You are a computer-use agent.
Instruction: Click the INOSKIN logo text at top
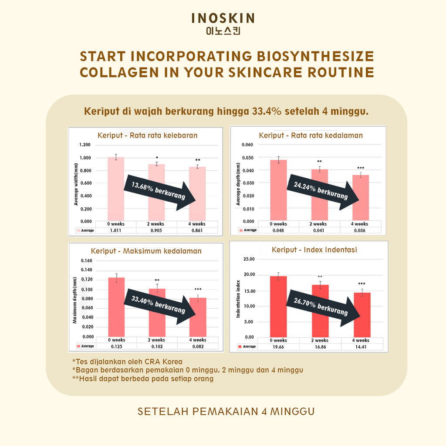coord(223,18)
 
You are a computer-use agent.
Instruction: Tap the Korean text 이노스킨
coord(223,31)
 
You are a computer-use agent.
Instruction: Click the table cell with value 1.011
coord(116,230)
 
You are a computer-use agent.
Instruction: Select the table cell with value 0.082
coord(198,346)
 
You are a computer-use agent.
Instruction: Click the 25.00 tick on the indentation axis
coord(249,259)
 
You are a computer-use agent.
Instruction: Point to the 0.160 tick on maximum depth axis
coord(87,261)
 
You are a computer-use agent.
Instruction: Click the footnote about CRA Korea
coord(127,362)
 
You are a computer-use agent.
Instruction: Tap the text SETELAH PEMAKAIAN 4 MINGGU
coord(226,412)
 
